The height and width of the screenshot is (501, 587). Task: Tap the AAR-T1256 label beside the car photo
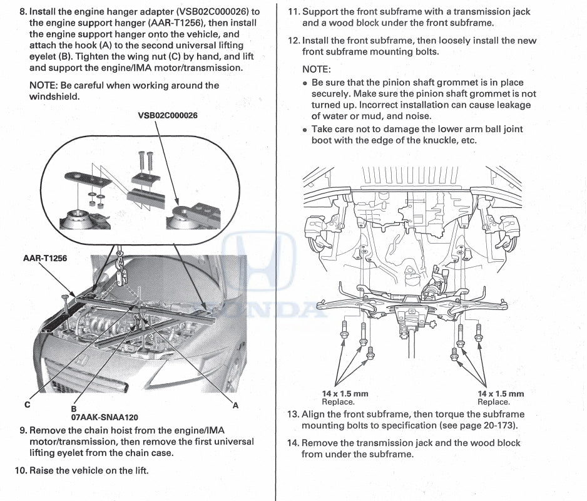(x=44, y=258)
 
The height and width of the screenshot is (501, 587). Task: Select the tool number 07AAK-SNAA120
(x=105, y=417)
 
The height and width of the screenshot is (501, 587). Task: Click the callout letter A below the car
(x=236, y=405)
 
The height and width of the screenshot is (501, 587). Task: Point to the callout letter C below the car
(x=27, y=405)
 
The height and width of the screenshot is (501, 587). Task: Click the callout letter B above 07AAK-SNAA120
(x=74, y=408)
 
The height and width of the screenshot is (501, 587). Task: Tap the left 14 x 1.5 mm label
(x=345, y=394)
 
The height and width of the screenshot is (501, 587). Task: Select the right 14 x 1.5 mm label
(x=501, y=394)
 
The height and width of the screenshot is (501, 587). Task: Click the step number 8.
(x=24, y=12)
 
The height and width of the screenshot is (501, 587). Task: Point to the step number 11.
(x=293, y=12)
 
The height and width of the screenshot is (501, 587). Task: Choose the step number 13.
(x=293, y=415)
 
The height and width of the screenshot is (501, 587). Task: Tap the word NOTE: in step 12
(x=316, y=69)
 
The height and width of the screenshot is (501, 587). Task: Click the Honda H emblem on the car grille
(x=79, y=362)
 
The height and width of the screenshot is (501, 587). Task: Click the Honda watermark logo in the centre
(x=269, y=263)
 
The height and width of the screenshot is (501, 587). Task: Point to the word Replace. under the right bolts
(x=494, y=402)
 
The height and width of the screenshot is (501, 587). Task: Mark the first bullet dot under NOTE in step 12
(x=305, y=83)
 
